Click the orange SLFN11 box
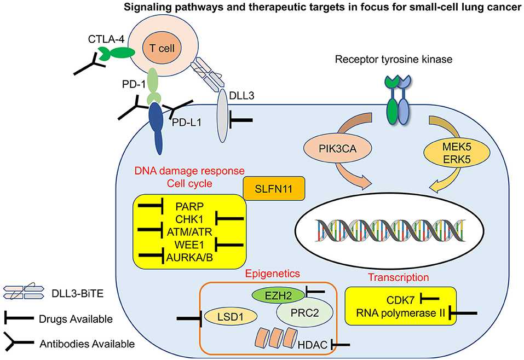tap(273, 188)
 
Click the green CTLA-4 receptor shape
tap(117, 51)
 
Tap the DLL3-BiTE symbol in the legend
tap(26, 293)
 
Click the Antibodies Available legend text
tap(87, 344)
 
